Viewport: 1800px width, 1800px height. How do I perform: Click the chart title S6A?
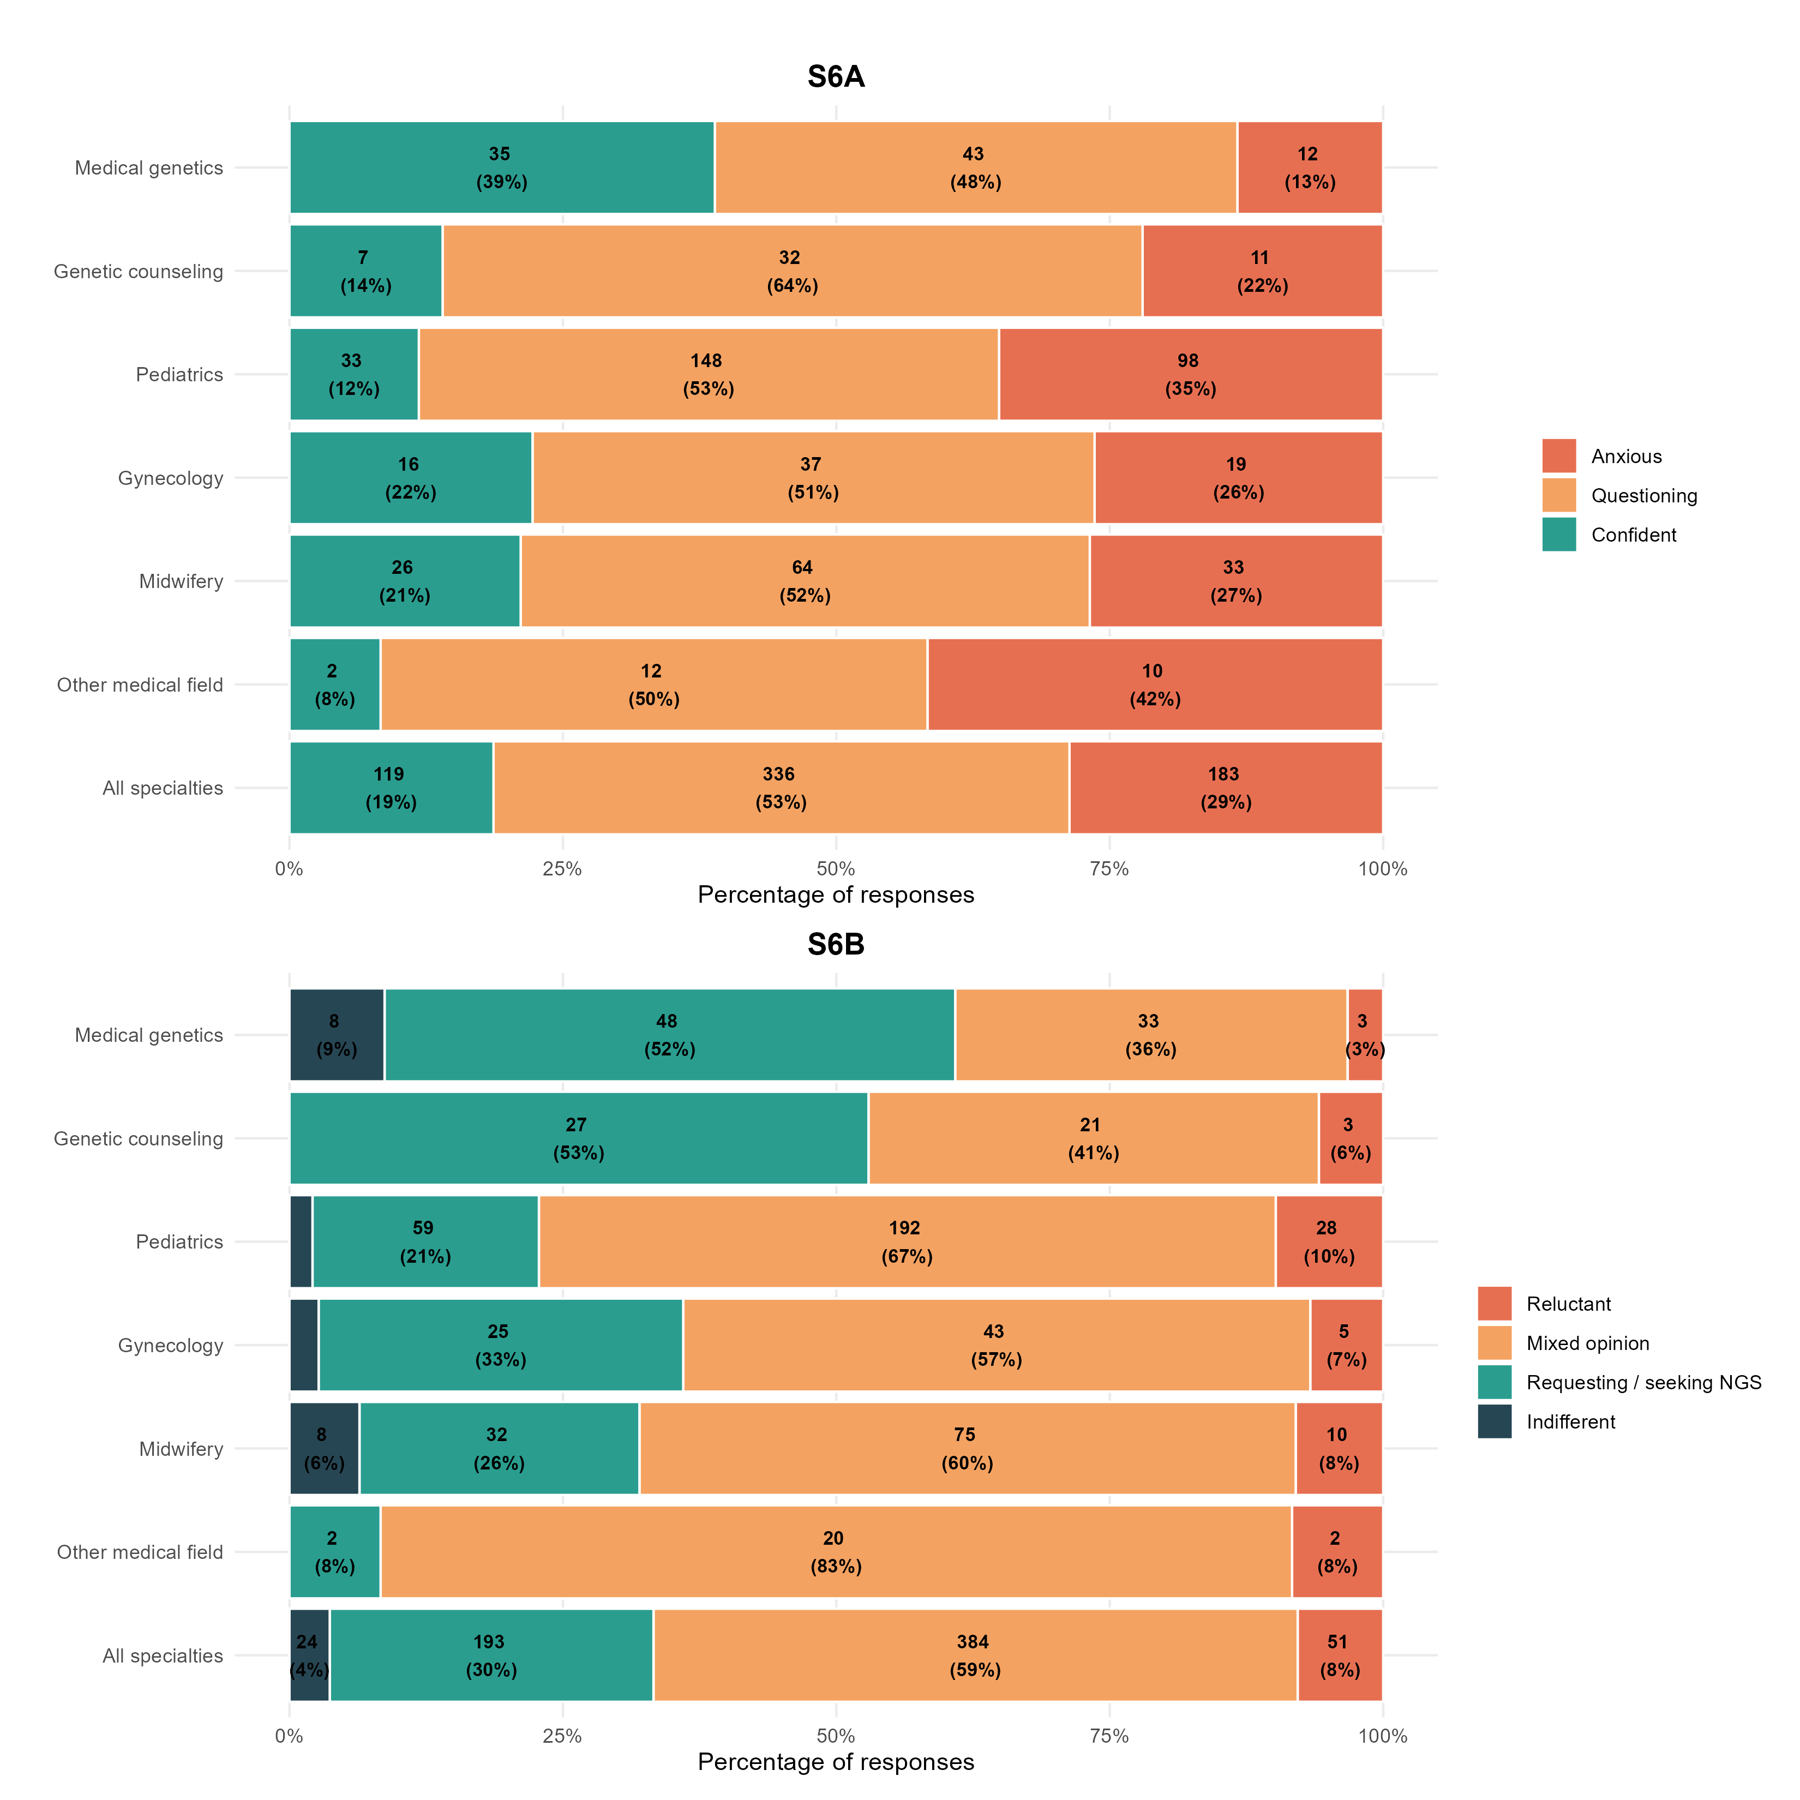click(x=836, y=76)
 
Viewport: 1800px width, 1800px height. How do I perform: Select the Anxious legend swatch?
click(x=1559, y=455)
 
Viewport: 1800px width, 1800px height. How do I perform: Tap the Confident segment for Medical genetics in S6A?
click(x=501, y=167)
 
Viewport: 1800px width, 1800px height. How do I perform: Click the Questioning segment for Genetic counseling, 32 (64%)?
click(x=792, y=271)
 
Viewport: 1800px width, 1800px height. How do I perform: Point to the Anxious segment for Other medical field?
click(x=1154, y=684)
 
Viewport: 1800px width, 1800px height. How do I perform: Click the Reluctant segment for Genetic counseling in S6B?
click(x=1350, y=1138)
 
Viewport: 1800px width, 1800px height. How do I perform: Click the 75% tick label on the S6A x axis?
click(x=1109, y=869)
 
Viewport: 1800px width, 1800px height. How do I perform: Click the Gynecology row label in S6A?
click(x=171, y=478)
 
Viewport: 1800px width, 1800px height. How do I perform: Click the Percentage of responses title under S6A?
click(x=836, y=895)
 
